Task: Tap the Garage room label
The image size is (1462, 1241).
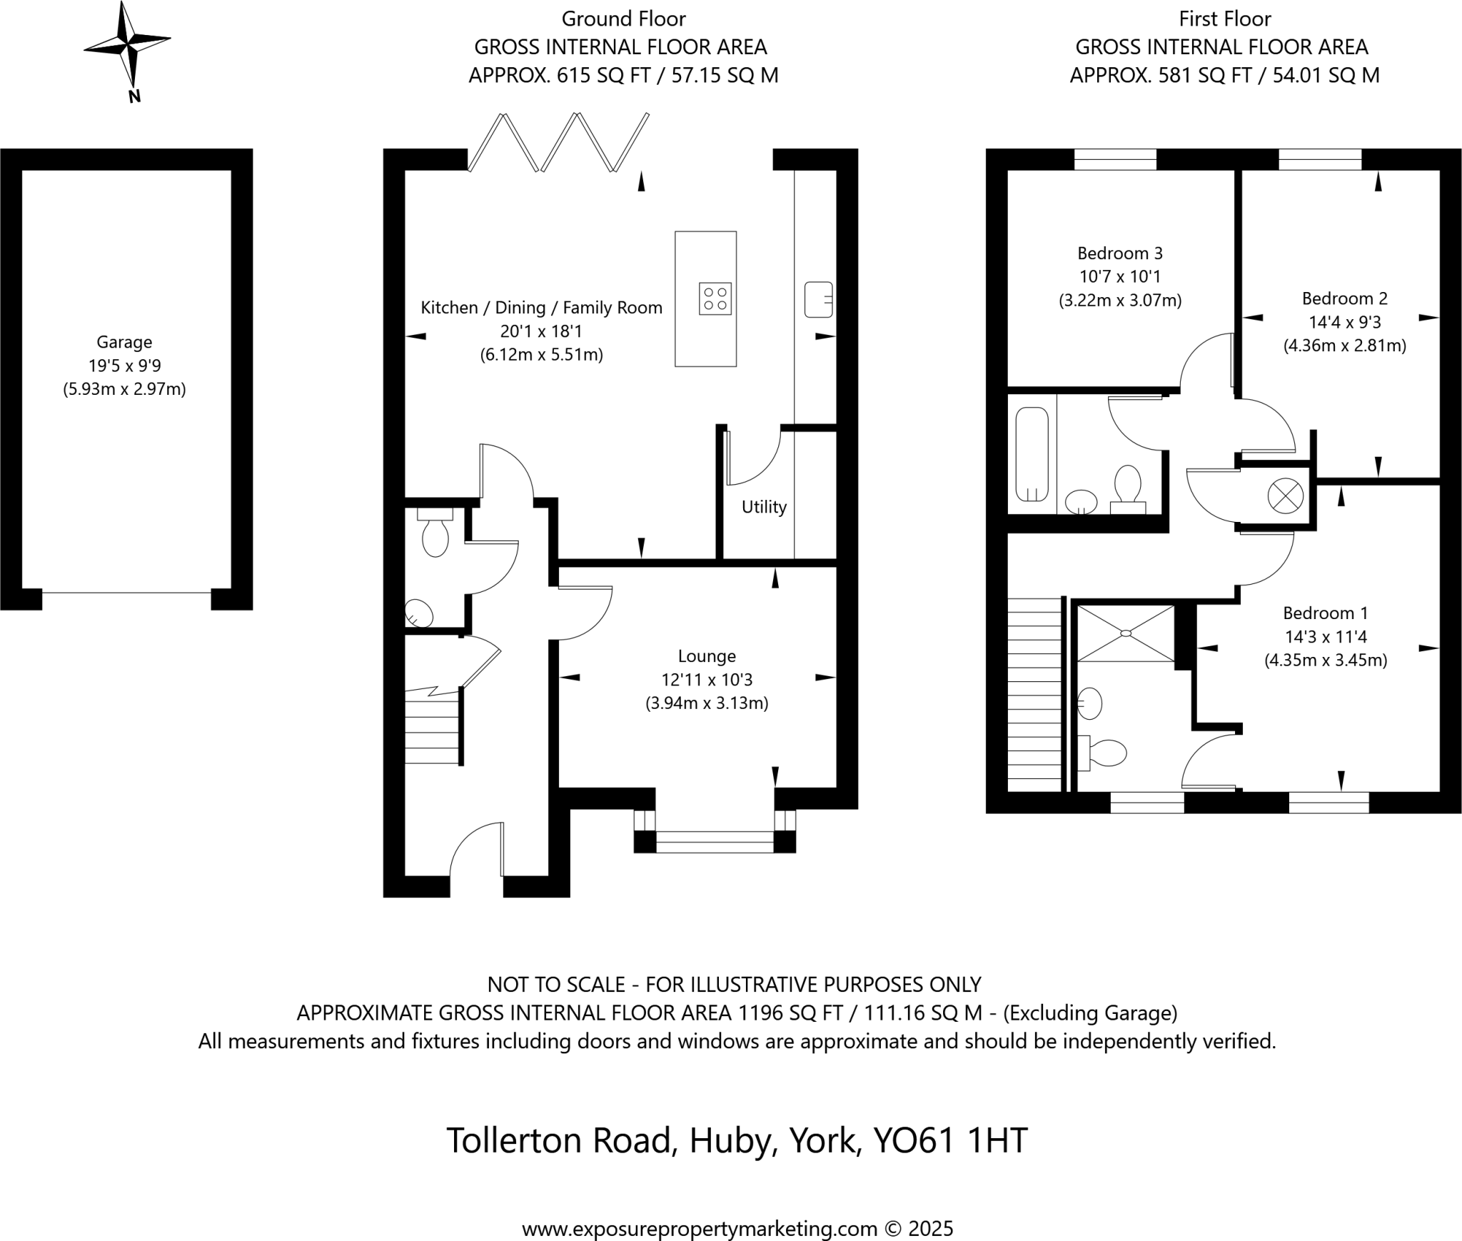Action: pos(124,342)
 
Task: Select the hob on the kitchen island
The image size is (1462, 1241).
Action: pos(715,299)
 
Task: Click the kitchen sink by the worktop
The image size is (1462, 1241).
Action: pos(818,299)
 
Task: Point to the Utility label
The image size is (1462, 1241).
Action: pos(764,507)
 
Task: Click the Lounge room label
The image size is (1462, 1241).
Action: pos(707,655)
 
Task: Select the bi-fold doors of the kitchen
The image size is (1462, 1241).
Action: pos(558,143)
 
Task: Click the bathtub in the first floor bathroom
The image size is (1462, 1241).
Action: pos(1032,454)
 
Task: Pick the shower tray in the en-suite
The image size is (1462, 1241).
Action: pos(1126,633)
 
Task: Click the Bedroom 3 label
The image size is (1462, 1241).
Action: pos(1119,253)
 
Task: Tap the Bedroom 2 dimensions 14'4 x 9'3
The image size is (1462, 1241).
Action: pos(1345,322)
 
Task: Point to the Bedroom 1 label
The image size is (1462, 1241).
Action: pos(1325,613)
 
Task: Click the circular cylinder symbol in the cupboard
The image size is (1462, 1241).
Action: pos(1285,495)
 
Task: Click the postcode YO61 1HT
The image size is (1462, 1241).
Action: pos(950,1140)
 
